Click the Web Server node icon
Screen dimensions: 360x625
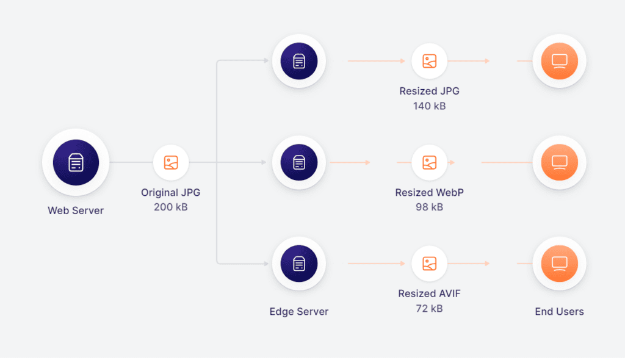(76, 163)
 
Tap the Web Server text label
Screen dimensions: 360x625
(76, 211)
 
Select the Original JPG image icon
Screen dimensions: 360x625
(171, 163)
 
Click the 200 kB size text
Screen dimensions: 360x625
(171, 207)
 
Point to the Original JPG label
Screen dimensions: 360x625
(171, 192)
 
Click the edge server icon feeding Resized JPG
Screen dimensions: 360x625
(299, 61)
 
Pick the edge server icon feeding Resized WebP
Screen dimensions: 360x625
(299, 163)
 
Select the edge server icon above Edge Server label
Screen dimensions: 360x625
(299, 264)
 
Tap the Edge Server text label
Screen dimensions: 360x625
(299, 311)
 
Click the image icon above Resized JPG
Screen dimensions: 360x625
(430, 61)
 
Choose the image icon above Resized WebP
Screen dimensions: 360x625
(430, 163)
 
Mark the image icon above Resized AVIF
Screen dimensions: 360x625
(430, 264)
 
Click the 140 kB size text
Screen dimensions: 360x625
(430, 106)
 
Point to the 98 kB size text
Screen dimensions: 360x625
(430, 207)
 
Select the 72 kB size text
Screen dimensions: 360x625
(430, 308)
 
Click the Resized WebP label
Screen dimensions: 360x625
(430, 192)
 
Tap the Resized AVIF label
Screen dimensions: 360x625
(430, 293)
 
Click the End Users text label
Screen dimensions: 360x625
(559, 311)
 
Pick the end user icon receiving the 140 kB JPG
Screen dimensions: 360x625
(559, 61)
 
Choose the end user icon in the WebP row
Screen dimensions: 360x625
(559, 163)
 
